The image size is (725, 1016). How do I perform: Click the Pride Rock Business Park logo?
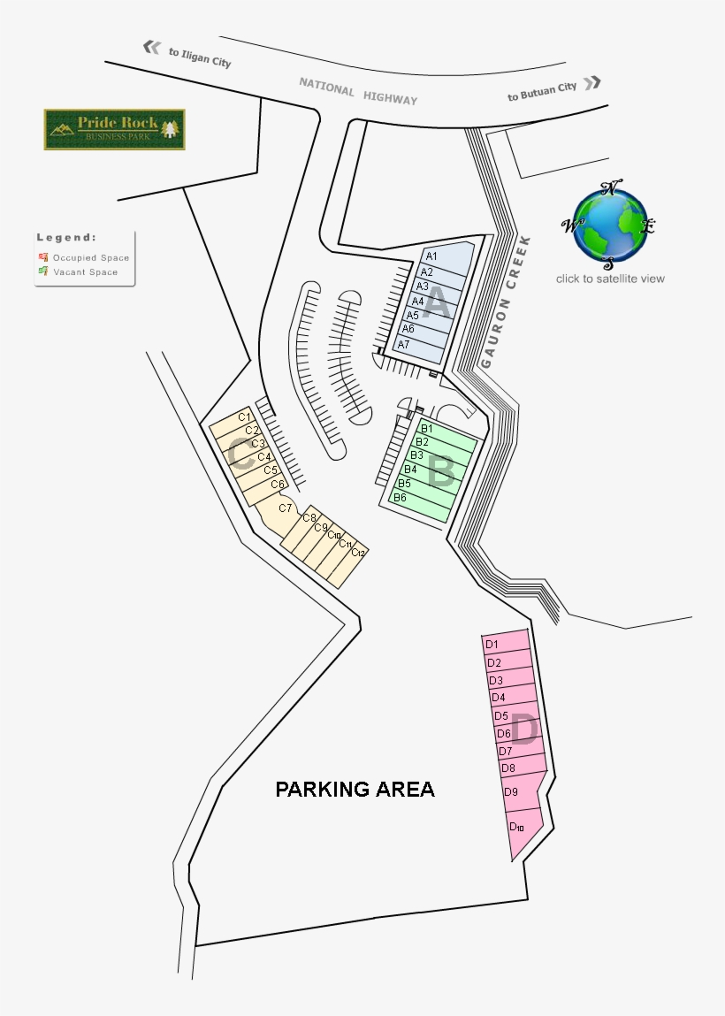pos(114,129)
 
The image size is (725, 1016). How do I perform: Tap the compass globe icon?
pos(610,226)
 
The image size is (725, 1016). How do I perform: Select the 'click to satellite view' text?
pos(610,279)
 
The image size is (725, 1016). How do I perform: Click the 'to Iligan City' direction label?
pos(200,57)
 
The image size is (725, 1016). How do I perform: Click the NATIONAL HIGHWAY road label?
pos(357,90)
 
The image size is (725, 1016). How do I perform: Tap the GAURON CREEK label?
pos(505,302)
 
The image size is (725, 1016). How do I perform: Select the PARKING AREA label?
pos(355,789)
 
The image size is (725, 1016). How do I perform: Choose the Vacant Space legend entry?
pos(85,272)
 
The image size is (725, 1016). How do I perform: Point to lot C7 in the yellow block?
pos(285,508)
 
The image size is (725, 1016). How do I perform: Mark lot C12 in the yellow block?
pos(357,554)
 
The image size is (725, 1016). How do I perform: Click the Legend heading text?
pos(66,237)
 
